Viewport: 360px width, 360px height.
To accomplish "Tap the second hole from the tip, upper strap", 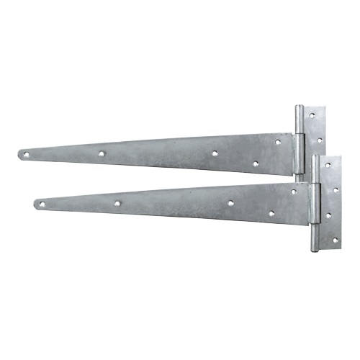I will point(102,153).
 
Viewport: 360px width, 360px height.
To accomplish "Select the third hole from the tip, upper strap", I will point(215,153).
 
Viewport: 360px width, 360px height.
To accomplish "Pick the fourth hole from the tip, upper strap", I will point(256,163).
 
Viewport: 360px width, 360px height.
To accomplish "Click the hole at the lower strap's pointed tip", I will point(42,204).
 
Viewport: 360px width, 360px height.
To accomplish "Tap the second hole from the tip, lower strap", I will point(117,203).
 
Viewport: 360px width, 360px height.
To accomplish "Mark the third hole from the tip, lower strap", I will point(230,203).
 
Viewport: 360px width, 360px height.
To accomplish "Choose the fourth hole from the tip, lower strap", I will point(271,213).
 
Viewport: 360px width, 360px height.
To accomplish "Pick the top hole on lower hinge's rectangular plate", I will point(328,165).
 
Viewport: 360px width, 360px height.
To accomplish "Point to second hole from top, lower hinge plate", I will point(335,190).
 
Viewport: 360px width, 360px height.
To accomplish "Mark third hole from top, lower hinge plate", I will point(328,215).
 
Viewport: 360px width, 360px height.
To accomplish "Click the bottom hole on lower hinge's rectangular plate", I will point(335,239).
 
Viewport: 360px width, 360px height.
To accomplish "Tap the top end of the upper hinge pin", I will point(299,108).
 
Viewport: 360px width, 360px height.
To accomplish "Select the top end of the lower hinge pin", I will point(315,156).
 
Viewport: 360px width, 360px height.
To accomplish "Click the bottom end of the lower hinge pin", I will point(315,249).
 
